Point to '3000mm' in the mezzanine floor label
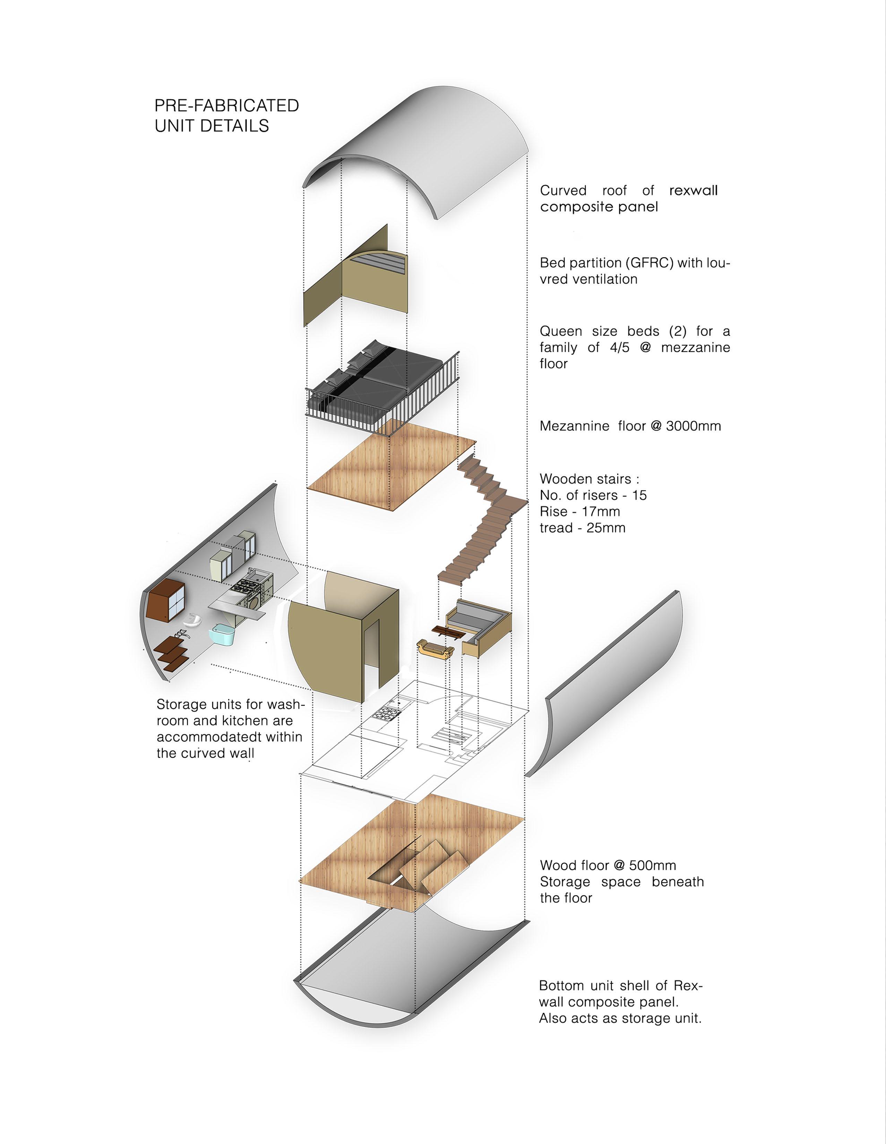pos(693,426)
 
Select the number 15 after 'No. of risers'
pos(639,495)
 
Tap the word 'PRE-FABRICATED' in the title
pos(226,105)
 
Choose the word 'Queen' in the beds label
pos(561,331)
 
